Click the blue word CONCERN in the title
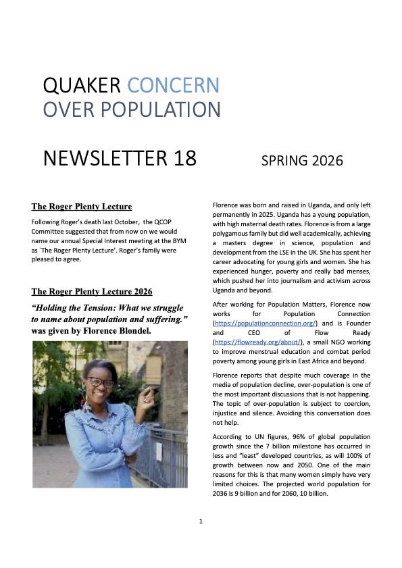point(174,85)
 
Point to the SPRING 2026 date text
point(302,161)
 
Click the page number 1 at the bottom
point(201,521)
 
